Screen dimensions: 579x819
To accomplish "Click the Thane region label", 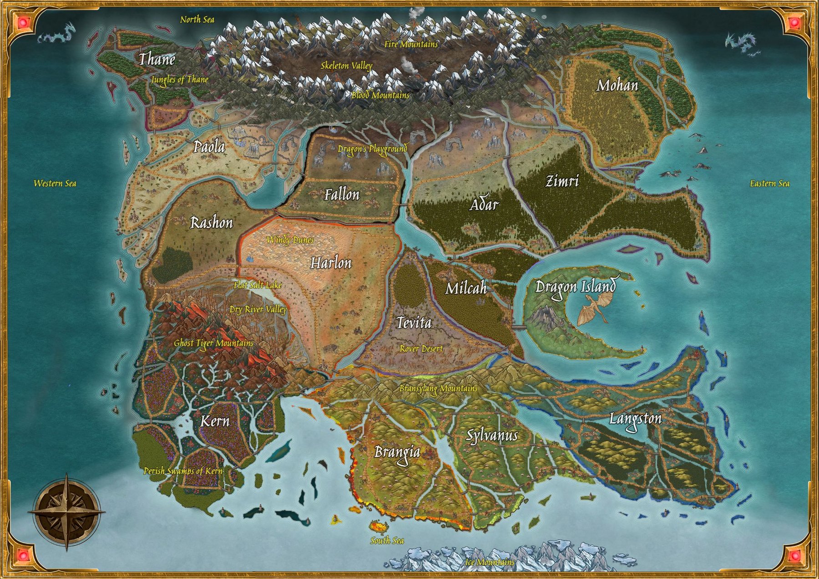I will click(x=157, y=59).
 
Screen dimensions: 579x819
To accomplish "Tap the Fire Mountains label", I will click(x=411, y=44).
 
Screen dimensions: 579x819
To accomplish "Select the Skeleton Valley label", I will click(x=346, y=65).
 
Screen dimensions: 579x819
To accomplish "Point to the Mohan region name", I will click(x=617, y=86).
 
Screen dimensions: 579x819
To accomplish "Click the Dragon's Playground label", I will click(x=372, y=149).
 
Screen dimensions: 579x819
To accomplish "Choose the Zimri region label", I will click(x=562, y=181).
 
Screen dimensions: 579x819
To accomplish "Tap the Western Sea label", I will click(x=55, y=183).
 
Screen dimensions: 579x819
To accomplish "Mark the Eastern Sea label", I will click(x=769, y=183).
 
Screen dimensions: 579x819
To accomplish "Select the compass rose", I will click(x=67, y=512).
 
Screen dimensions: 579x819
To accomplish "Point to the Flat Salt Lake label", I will click(x=258, y=286).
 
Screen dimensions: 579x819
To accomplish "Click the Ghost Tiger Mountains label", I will click(x=213, y=343).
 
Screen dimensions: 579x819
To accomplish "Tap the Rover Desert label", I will click(x=421, y=348).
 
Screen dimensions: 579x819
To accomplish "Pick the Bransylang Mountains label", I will click(x=438, y=388).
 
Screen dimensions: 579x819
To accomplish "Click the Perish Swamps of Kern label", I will click(x=183, y=471).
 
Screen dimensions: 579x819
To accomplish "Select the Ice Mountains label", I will click(x=490, y=562).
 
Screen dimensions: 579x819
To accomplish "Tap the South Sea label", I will click(x=387, y=540).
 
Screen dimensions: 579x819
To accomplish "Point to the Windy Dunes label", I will click(x=290, y=239).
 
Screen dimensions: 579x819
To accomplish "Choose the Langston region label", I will click(x=635, y=418).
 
